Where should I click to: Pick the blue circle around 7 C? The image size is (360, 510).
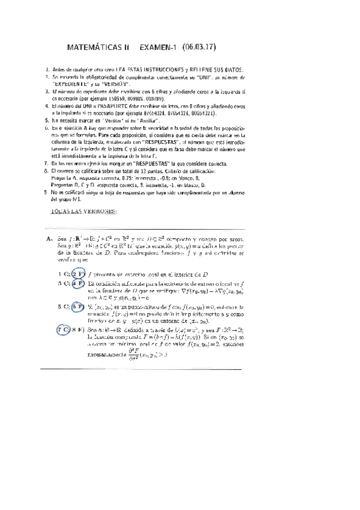pos(63,330)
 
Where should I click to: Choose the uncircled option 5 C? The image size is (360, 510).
pos(62,306)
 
